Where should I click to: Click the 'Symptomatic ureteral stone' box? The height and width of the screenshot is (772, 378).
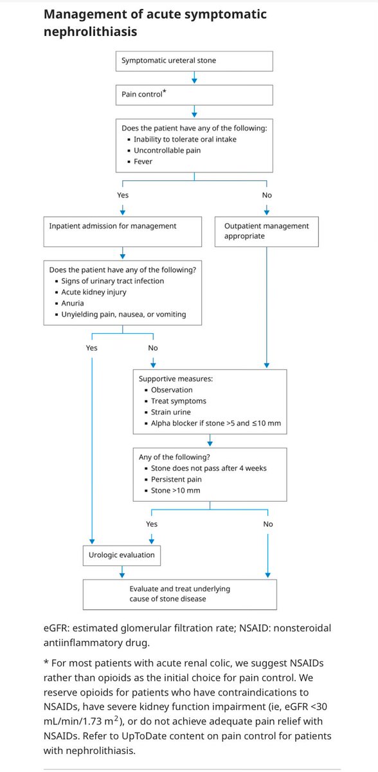click(x=194, y=61)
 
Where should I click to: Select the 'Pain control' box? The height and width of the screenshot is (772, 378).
click(x=194, y=95)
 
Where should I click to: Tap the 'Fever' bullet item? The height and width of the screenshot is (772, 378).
click(x=143, y=161)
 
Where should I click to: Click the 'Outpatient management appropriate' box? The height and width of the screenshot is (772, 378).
click(x=266, y=231)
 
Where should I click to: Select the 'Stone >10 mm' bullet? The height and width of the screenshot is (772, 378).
click(x=175, y=491)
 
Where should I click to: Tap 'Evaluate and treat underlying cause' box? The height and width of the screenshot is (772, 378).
click(x=179, y=594)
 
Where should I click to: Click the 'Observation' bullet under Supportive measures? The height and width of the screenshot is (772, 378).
click(x=172, y=390)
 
